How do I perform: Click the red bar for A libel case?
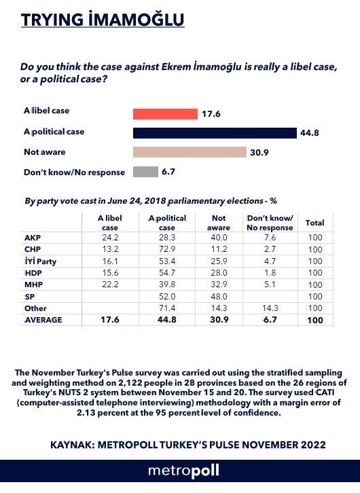tap(165, 114)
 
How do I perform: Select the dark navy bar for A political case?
tap(215, 133)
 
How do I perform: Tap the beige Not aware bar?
tap(190, 152)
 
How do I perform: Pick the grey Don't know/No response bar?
tap(145, 172)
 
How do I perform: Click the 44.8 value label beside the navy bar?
tap(309, 133)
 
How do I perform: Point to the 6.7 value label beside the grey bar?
tap(168, 172)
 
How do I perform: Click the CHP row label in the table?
tap(33, 249)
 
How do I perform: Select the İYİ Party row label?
tap(40, 261)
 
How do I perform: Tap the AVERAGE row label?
tap(43, 320)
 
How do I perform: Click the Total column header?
tap(314, 223)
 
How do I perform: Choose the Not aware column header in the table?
tap(219, 223)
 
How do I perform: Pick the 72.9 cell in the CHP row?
tap(167, 249)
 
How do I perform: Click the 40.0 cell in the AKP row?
tap(219, 238)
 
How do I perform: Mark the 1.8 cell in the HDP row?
tap(270, 273)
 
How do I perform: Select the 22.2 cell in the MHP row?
tap(110, 285)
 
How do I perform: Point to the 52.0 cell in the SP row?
tap(167, 297)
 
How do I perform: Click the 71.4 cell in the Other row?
tap(167, 308)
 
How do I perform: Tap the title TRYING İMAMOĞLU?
tap(103, 20)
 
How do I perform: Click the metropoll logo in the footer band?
tap(183, 471)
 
